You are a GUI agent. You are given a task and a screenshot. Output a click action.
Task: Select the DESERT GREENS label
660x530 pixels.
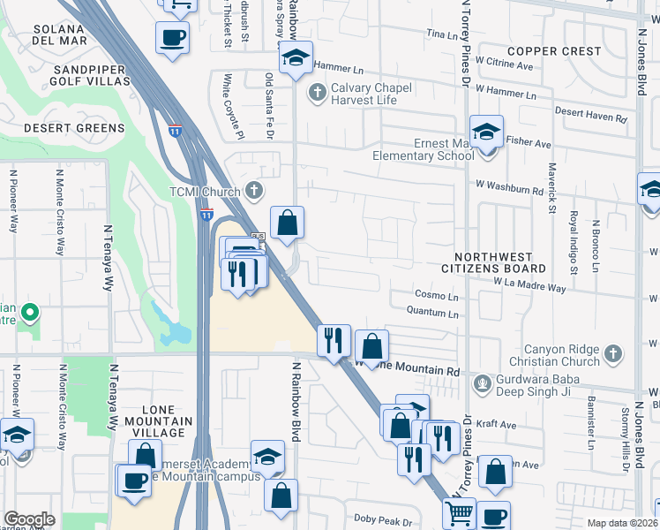tap(74, 128)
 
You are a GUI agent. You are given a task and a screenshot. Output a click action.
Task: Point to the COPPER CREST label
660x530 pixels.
tap(554, 51)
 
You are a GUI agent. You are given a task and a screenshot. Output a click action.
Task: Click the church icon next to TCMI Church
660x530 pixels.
tap(254, 190)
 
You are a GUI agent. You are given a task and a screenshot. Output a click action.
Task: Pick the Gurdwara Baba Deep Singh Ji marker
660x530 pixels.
tap(482, 382)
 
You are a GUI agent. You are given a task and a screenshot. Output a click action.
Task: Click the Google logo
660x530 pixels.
tap(29, 519)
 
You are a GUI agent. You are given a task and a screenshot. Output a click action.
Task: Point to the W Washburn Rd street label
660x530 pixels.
tap(509, 188)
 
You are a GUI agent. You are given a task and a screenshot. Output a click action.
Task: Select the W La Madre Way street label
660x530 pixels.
tap(529, 286)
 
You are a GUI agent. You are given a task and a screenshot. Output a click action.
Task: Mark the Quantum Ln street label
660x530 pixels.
tap(432, 311)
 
